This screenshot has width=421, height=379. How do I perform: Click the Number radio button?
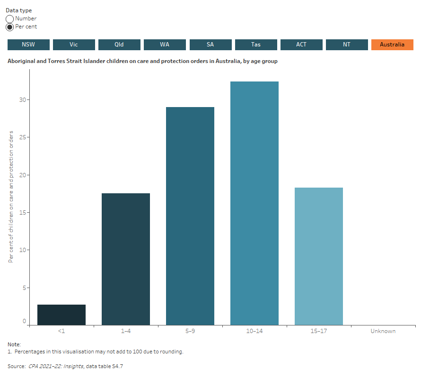[10, 19]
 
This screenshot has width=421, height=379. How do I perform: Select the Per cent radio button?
[10, 27]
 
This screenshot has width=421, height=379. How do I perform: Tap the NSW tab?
[28, 45]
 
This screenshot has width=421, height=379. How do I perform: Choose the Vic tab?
[74, 45]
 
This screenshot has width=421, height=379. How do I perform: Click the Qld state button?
[119, 45]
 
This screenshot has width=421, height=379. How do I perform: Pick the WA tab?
[165, 45]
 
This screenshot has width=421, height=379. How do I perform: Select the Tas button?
[256, 45]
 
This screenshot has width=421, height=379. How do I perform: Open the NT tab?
[347, 45]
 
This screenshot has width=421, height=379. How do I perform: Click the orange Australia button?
[392, 45]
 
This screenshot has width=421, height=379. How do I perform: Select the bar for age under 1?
[61, 315]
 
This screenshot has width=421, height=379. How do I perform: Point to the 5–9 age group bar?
[190, 216]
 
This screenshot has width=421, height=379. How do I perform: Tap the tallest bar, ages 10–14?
[254, 203]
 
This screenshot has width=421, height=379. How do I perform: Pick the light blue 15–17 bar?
[319, 256]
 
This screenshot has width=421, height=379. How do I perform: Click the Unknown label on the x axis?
[383, 331]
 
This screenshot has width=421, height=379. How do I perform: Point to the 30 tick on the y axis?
[23, 100]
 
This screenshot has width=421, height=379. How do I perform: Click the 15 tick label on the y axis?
[23, 213]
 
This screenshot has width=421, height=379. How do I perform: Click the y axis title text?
[11, 196]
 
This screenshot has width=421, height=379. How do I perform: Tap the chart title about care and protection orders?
[142, 61]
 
